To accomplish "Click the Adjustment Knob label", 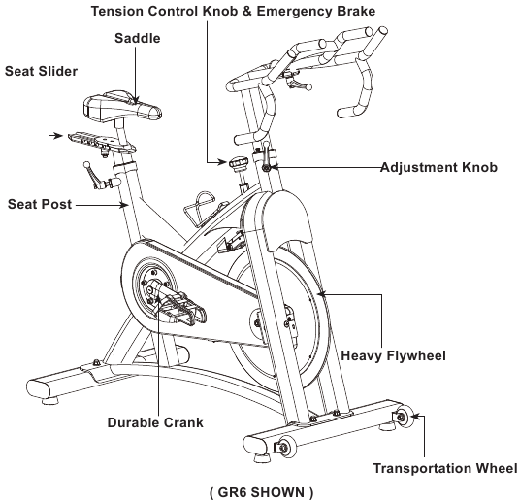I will [x=438, y=167].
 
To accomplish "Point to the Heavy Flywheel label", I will [x=394, y=356].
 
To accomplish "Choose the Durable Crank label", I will [x=156, y=423].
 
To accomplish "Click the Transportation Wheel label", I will [x=445, y=469].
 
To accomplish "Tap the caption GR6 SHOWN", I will [x=261, y=492].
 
